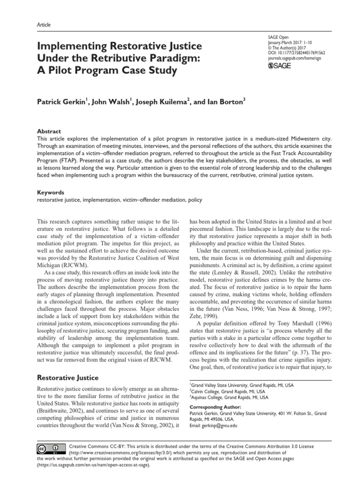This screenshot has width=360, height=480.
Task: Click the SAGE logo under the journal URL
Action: tap(279, 66)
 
